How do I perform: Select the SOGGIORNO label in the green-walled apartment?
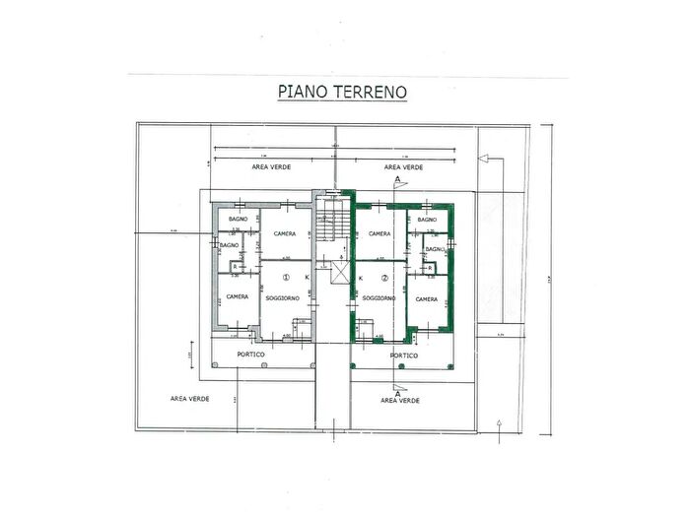tap(379, 297)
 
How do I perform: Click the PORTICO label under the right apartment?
tap(404, 355)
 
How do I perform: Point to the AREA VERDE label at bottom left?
tap(188, 399)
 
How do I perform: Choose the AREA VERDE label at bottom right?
tap(401, 400)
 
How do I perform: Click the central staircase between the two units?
tap(329, 227)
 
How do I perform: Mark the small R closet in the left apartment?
tap(234, 267)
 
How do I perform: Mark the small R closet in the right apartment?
tap(432, 267)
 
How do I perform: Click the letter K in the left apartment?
tap(308, 279)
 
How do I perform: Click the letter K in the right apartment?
tap(361, 279)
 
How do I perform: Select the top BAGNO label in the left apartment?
tap(238, 218)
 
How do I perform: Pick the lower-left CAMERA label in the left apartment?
tap(237, 296)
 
